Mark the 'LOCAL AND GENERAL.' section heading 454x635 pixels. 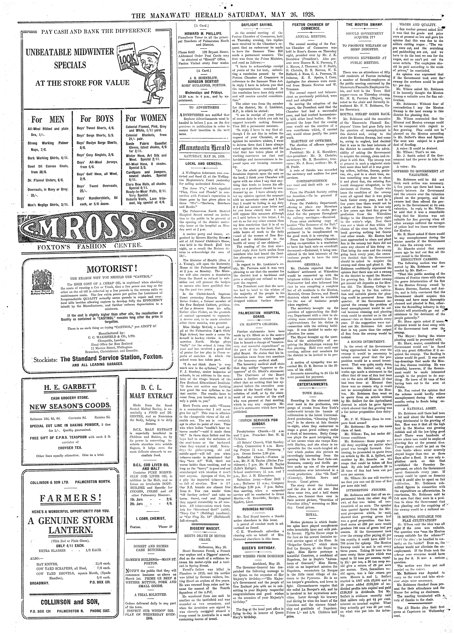tap(203, 164)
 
